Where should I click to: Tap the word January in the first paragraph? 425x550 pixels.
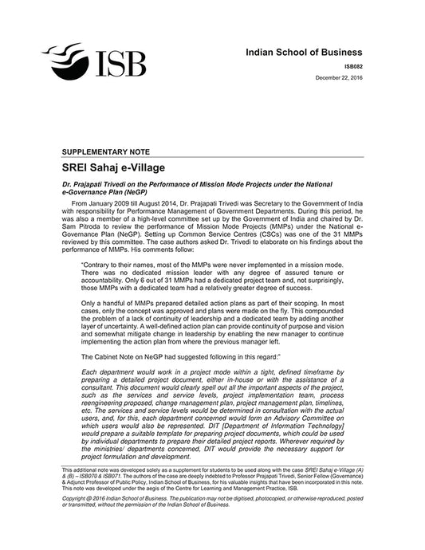click(101, 203)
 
